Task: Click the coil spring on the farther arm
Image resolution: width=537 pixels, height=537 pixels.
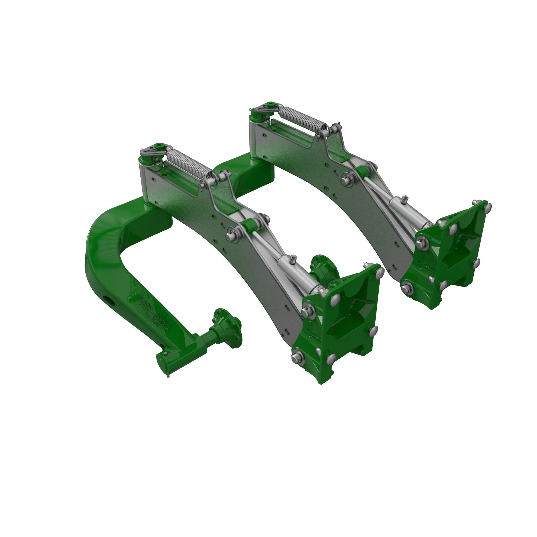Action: click(303, 118)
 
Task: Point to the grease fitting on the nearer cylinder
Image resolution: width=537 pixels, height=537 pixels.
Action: click(293, 259)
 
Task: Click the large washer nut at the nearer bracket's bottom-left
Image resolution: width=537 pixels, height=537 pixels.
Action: click(298, 358)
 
